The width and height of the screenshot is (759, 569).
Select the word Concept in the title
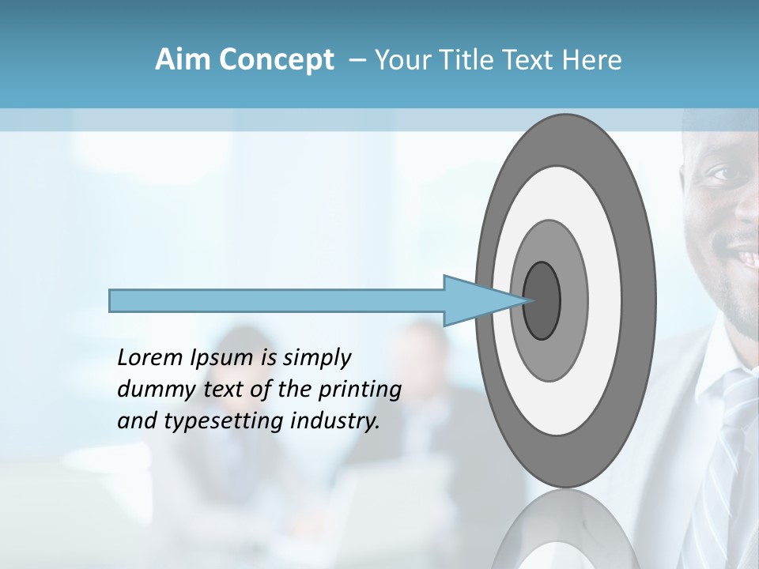point(276,60)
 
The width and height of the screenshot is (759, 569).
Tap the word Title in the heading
point(470,60)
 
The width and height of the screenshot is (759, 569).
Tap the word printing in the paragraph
point(360,390)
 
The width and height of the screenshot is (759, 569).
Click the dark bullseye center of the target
point(542,300)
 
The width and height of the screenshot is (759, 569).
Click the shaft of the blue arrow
point(277,300)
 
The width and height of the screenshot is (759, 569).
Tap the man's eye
point(720,175)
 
